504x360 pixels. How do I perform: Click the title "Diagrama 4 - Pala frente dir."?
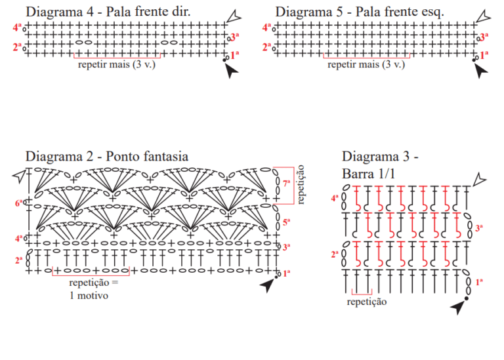[x=108, y=12]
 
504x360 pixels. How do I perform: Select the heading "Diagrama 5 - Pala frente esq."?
[x=360, y=12]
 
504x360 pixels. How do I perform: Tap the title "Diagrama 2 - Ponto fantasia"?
[x=107, y=157]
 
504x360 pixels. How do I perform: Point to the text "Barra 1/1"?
[x=368, y=174]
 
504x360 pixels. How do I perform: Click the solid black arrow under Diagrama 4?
[x=231, y=71]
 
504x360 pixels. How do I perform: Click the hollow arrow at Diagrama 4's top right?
[x=234, y=16]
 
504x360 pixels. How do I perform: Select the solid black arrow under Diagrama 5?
[x=480, y=71]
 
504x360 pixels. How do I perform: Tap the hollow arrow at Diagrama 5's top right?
[x=484, y=16]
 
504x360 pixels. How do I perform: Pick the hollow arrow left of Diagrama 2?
[x=19, y=176]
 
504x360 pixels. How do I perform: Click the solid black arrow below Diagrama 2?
[x=267, y=285]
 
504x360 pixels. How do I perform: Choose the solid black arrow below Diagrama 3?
[x=457, y=308]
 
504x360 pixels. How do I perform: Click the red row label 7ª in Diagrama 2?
[x=286, y=184]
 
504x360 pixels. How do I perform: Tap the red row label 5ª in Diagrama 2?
[x=286, y=222]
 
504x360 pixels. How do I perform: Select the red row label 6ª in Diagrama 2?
[x=18, y=203]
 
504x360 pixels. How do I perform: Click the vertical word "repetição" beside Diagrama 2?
[x=301, y=185]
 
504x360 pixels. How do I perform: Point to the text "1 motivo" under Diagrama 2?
[x=89, y=296]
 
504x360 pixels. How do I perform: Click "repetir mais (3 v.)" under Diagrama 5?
[x=366, y=64]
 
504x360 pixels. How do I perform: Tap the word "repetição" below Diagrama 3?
[x=367, y=302]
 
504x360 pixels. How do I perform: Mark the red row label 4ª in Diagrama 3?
[x=335, y=199]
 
